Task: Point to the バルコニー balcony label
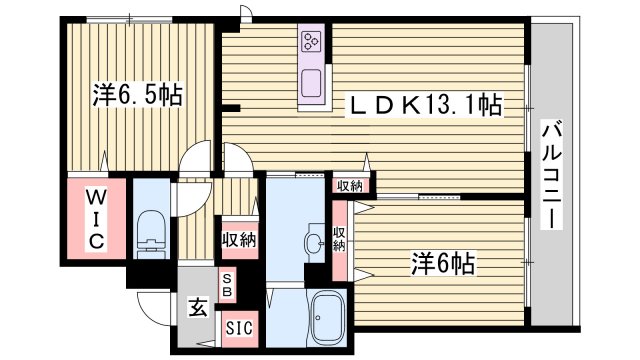[x=552, y=176]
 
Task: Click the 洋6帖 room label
[x=440, y=264]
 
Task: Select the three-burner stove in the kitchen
[x=309, y=43]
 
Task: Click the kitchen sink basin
[x=309, y=82]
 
